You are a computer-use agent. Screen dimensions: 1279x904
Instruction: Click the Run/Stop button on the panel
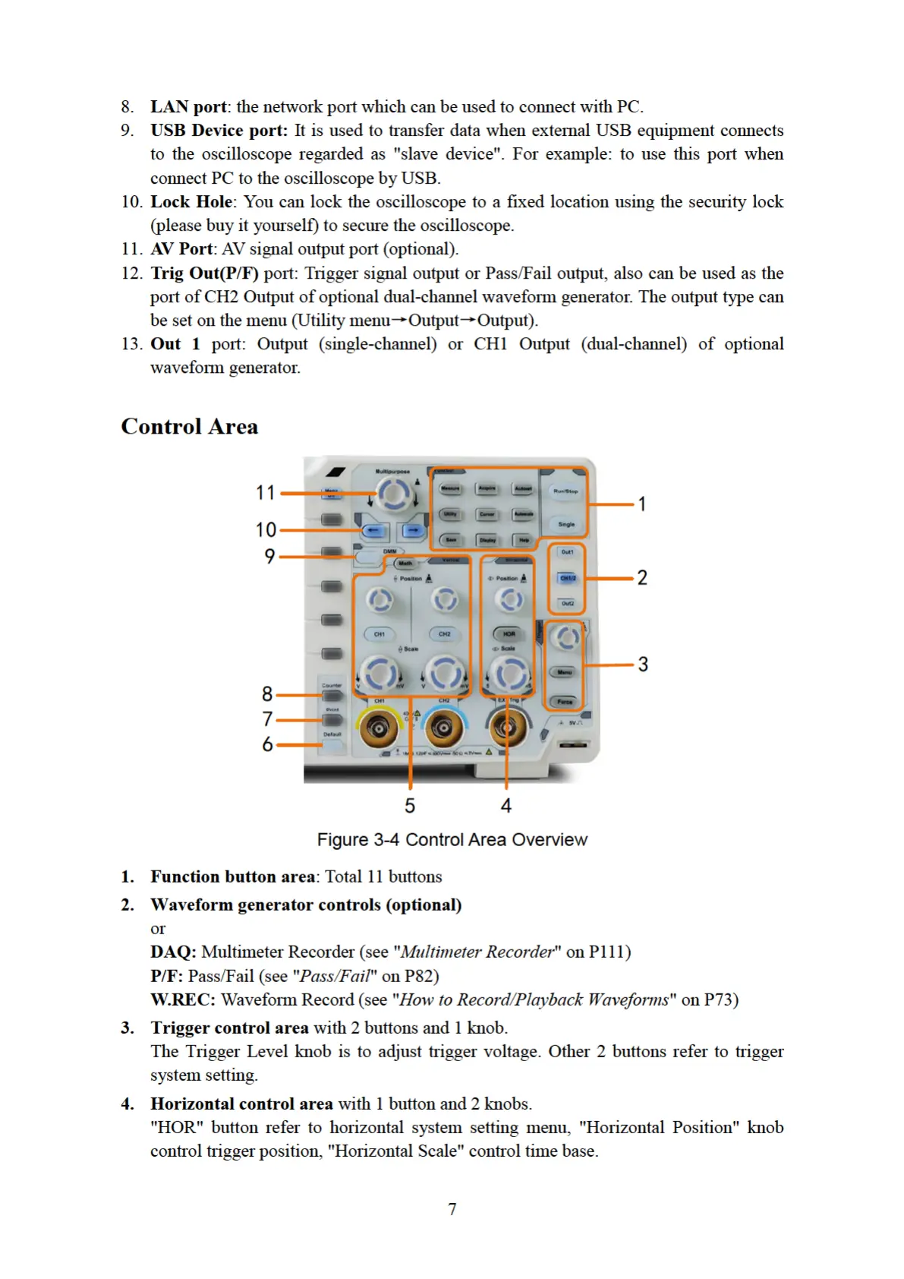tap(565, 491)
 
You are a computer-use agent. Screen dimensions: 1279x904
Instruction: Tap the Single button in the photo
tap(566, 524)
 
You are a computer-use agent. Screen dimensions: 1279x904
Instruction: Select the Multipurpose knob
tap(393, 494)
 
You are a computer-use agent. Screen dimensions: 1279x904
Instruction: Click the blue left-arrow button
tap(374, 530)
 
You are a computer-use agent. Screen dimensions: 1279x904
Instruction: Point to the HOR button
tap(509, 634)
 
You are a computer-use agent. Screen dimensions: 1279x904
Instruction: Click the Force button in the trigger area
tap(565, 702)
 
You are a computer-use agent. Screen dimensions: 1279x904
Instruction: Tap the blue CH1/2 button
tap(567, 578)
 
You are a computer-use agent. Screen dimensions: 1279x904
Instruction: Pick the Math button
tap(405, 564)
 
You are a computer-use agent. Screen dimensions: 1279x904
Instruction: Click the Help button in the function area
tap(524, 540)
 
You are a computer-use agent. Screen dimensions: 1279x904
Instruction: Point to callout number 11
tap(265, 493)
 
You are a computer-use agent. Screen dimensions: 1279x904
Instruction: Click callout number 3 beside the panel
tap(643, 665)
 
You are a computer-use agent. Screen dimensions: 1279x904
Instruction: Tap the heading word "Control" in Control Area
tap(161, 427)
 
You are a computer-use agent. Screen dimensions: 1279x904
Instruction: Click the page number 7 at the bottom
tap(452, 1208)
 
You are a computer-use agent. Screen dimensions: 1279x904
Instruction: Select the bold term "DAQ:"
tap(173, 952)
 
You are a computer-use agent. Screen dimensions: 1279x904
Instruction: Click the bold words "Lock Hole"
tap(191, 202)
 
